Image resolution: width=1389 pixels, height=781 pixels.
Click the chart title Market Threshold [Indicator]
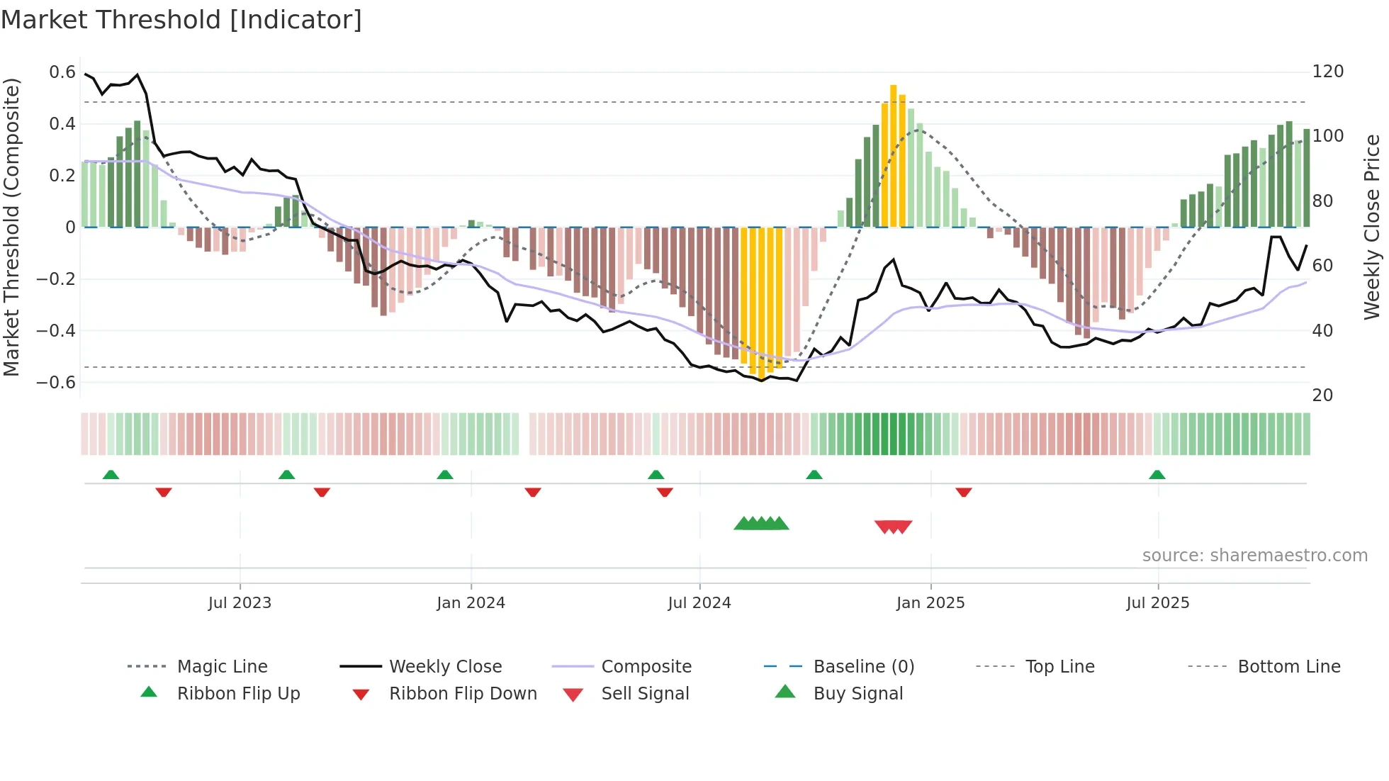point(181,20)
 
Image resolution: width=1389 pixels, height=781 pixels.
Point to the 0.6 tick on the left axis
point(62,72)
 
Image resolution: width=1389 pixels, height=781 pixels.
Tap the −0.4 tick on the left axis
point(56,331)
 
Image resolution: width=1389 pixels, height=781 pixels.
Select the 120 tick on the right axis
point(1328,72)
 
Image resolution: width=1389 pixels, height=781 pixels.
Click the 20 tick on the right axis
point(1322,395)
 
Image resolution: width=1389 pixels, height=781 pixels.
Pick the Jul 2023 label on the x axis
point(240,603)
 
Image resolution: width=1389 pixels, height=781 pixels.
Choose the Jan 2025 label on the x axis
point(930,603)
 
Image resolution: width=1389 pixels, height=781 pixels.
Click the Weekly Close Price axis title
point(1372,227)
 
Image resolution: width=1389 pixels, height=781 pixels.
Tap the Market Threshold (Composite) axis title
point(11,227)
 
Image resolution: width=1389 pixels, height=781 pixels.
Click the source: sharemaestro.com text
point(1254,556)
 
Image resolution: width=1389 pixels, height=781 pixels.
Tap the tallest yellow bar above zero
point(893,156)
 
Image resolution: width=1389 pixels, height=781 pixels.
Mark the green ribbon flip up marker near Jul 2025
point(1157,475)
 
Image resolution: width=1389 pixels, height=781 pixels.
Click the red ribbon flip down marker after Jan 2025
point(963,492)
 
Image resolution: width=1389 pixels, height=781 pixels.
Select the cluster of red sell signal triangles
point(893,527)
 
